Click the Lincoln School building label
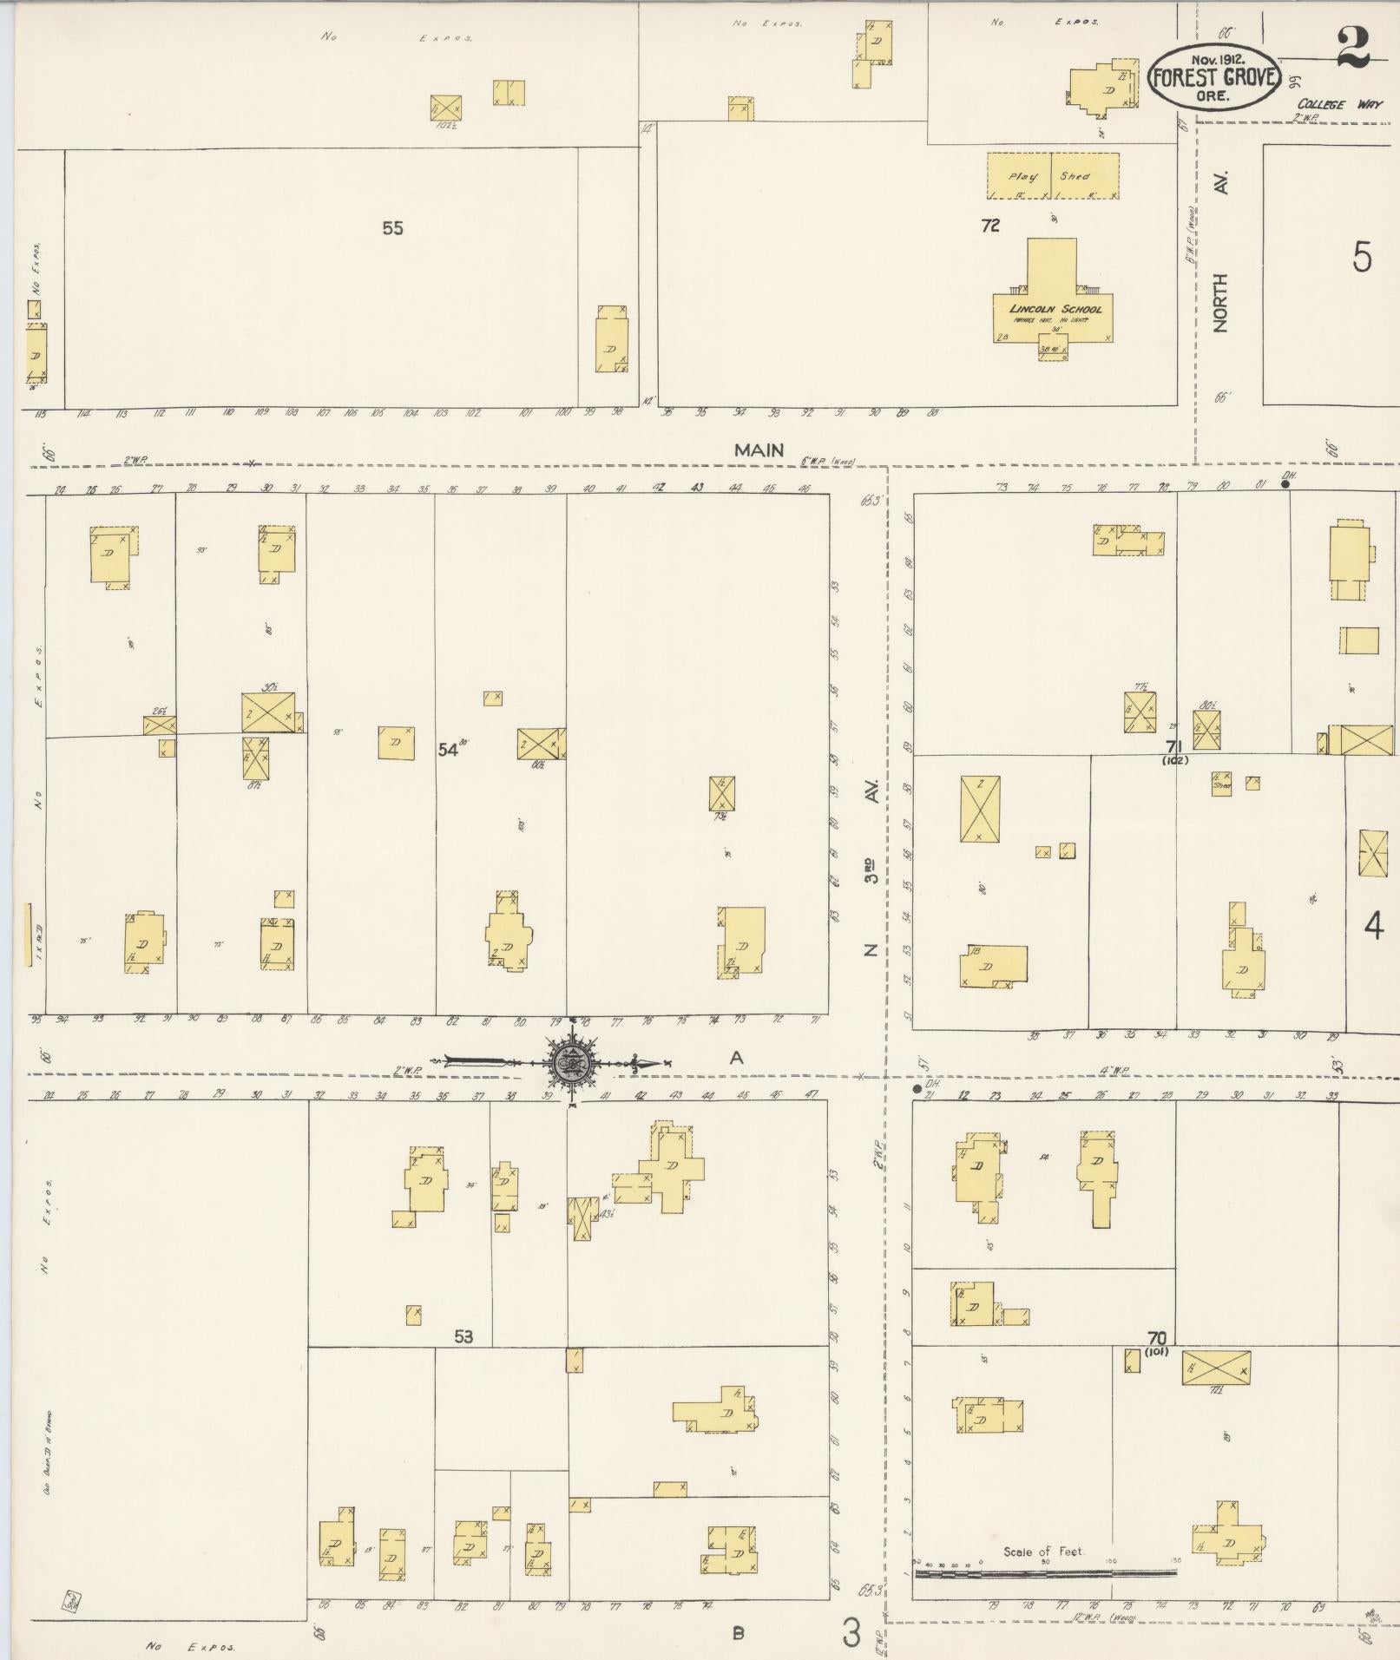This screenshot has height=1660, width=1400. pos(1055,309)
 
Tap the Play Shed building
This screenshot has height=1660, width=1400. pos(1052,176)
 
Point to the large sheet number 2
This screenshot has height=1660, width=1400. pos(1352,48)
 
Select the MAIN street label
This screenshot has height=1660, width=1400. pos(759,449)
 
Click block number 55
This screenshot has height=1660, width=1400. pos(392,228)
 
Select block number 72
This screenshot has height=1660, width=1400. pos(990,226)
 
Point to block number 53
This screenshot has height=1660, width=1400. pos(463,1336)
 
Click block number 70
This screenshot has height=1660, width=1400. pos(1156,1337)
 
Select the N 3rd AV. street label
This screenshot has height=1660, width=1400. pos(871,868)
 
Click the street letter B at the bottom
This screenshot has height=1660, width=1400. pos(738,1633)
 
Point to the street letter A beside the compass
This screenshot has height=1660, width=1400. pos(737,1057)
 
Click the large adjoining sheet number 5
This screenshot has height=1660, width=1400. pos(1361,257)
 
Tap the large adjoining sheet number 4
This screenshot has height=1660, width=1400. pos(1373,927)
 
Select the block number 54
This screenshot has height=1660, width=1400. pos(447,750)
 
